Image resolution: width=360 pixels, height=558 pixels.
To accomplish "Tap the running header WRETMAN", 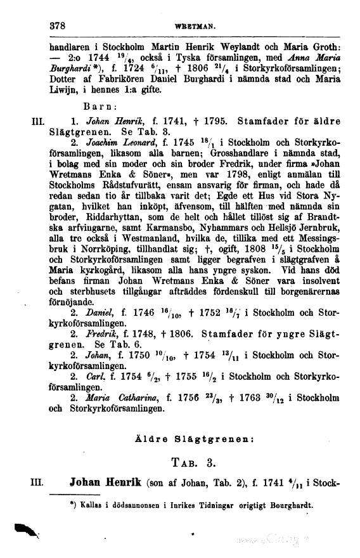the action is (197, 29).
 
